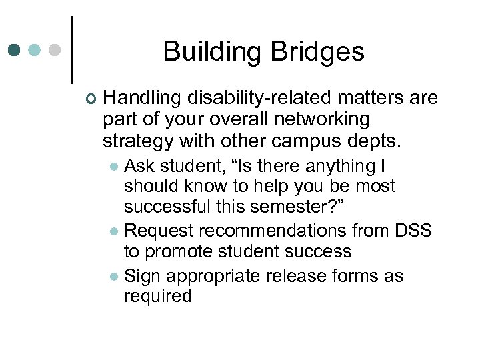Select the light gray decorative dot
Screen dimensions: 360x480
(55, 50)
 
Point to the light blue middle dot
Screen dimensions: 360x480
(35, 50)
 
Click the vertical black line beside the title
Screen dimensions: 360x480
(72, 50)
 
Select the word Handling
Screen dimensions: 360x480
(142, 99)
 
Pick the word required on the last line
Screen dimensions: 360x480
(157, 296)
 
